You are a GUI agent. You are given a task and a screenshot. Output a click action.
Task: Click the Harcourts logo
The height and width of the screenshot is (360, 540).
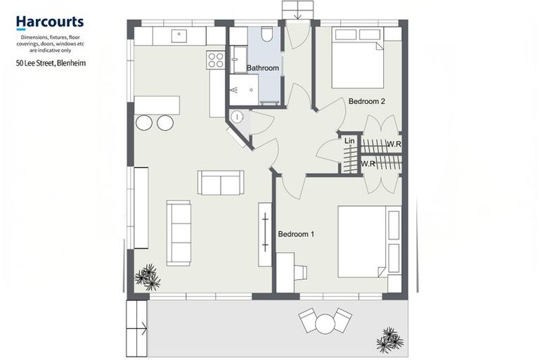(x=50, y=23)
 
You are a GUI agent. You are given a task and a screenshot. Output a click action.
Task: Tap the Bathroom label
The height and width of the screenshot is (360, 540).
(x=262, y=68)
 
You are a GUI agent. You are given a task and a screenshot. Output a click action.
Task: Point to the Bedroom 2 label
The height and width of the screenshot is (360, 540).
(x=367, y=101)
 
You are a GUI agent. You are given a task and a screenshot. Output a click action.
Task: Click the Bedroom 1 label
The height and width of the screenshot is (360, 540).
(x=296, y=233)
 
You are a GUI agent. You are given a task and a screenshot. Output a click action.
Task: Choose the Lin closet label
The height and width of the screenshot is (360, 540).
(x=349, y=141)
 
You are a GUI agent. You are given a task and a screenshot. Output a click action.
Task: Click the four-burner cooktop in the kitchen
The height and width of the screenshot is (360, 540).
(x=216, y=60)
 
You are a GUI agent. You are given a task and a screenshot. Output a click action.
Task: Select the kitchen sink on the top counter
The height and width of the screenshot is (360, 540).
(x=180, y=34)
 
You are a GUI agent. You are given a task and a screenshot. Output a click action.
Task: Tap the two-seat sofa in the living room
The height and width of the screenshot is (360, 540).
(x=221, y=182)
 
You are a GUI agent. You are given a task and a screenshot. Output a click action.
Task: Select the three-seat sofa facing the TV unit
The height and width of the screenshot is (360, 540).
(x=179, y=233)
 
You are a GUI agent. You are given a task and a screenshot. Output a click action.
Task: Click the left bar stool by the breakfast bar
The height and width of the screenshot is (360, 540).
(x=144, y=123)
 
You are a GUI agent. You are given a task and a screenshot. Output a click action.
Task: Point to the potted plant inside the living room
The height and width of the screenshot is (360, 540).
(x=148, y=277)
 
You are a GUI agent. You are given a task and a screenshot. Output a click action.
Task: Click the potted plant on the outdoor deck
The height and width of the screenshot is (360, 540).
(x=390, y=340)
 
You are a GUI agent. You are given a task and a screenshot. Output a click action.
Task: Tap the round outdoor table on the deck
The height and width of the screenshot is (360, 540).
(x=325, y=324)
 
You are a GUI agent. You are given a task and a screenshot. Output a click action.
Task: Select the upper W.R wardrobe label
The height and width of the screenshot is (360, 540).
(x=394, y=144)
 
